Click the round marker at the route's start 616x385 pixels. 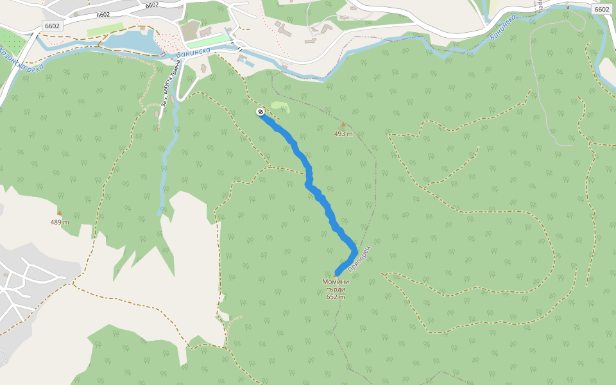pos(261,112)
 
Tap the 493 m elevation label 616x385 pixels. pos(343,134)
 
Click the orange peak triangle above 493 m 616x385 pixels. pos(343,124)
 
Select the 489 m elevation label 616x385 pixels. pos(59,222)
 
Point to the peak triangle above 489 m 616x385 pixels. pos(59,212)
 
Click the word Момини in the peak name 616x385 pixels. pos(336,282)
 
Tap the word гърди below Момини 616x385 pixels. pos(336,289)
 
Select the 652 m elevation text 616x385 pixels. pos(336,297)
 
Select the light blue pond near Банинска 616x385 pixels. pos(132,42)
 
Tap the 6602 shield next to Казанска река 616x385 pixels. pos(52,26)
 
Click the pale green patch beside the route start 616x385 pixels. pos(280,106)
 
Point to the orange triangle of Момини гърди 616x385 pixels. pos(335,275)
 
